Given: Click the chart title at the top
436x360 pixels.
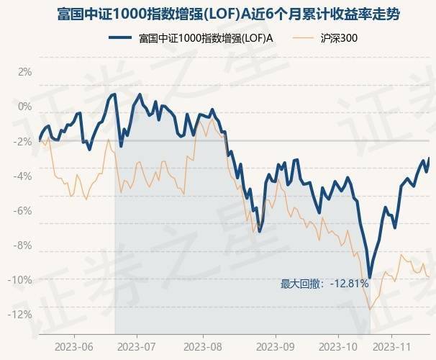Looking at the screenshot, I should (218, 14).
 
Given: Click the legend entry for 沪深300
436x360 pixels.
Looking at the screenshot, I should (332, 38).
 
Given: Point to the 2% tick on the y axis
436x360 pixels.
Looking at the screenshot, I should (25, 72).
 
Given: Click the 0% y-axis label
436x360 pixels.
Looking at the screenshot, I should (25, 107).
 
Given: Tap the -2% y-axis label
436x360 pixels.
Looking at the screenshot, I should (24, 141).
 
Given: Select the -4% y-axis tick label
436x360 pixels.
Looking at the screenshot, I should (24, 176).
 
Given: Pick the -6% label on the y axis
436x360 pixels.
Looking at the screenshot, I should (24, 210).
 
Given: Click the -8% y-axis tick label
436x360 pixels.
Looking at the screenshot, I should (24, 245).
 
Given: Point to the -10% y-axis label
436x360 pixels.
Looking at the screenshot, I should (22, 279).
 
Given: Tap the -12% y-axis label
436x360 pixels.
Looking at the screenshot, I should (22, 314).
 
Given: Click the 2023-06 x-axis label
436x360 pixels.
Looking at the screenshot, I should (74, 346).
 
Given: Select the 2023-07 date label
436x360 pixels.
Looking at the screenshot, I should (137, 346).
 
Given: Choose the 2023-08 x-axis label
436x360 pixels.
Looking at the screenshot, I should (202, 346).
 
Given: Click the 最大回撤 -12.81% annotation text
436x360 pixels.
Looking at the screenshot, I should (324, 284).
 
